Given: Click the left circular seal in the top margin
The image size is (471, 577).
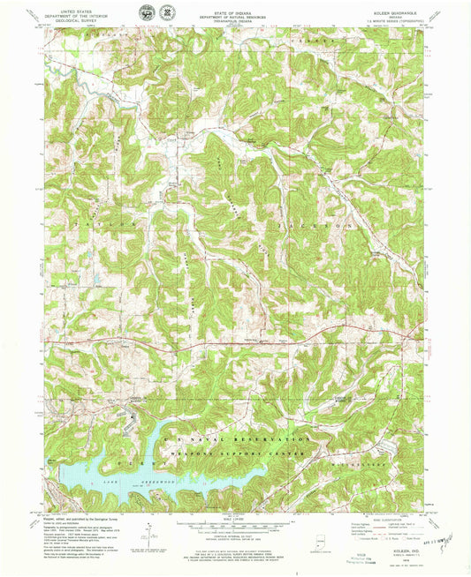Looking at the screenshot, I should [x=146, y=12].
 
